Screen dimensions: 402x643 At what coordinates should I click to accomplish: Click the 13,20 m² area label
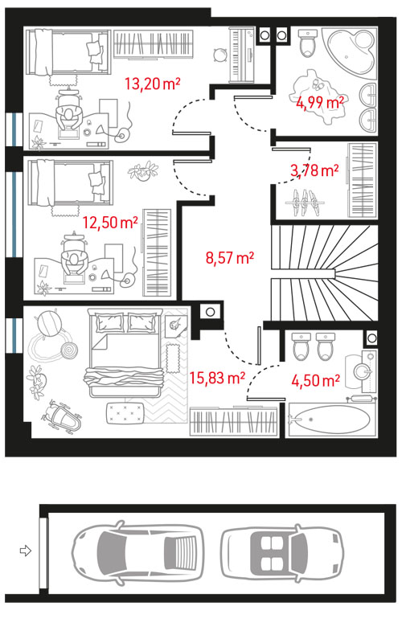(x=152, y=84)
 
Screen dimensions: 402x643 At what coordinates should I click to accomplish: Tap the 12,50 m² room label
(x=110, y=223)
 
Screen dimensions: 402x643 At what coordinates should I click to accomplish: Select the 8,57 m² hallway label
(x=230, y=258)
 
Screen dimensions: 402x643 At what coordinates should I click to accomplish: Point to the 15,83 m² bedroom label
(x=217, y=378)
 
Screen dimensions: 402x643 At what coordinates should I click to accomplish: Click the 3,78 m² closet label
(x=314, y=170)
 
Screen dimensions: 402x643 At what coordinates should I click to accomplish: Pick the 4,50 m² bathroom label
(x=315, y=380)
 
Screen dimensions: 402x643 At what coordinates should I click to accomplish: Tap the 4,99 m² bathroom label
(x=320, y=103)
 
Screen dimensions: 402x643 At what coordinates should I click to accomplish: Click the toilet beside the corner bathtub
(x=308, y=43)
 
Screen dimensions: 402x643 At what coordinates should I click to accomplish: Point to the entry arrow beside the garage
(x=26, y=550)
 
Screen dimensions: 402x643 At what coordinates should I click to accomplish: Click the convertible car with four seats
(x=282, y=552)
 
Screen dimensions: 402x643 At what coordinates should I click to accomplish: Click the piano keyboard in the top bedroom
(x=241, y=55)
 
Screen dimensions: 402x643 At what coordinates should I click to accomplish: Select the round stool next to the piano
(x=220, y=55)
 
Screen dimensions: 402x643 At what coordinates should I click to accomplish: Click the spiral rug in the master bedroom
(x=68, y=351)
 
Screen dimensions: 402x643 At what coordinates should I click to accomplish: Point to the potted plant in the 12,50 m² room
(x=143, y=171)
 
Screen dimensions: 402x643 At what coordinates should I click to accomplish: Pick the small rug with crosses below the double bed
(x=125, y=413)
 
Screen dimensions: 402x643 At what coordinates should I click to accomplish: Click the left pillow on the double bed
(x=109, y=322)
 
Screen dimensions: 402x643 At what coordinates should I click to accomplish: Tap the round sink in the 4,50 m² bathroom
(x=363, y=371)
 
